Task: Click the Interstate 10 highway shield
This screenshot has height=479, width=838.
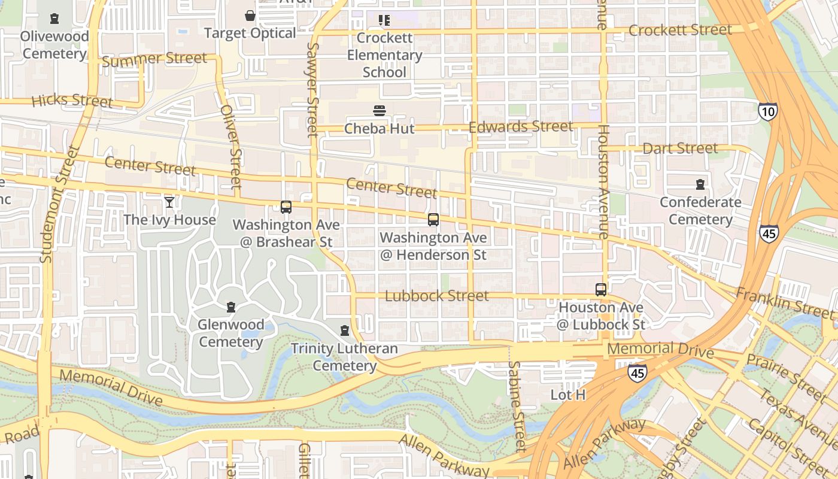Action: tap(768, 111)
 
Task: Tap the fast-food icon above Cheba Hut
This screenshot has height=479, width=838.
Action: tap(379, 111)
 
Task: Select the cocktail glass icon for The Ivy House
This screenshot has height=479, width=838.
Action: tap(169, 202)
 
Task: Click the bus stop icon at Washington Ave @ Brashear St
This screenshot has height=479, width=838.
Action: tap(286, 207)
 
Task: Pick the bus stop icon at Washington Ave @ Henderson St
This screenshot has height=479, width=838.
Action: tap(433, 220)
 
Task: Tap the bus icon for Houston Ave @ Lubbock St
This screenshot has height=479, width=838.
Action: tap(600, 290)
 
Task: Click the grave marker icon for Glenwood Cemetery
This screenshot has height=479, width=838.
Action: tap(231, 307)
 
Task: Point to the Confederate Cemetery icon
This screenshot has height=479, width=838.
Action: tap(700, 184)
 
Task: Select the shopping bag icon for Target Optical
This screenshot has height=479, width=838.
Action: tap(250, 16)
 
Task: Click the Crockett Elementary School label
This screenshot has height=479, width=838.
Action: tap(384, 55)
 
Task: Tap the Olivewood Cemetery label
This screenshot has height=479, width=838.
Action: tap(54, 45)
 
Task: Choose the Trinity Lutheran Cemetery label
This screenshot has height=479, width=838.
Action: tap(344, 357)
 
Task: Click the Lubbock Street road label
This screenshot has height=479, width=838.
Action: tap(436, 296)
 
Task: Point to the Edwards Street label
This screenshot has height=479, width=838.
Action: tap(521, 127)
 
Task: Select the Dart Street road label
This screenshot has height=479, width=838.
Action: tap(679, 148)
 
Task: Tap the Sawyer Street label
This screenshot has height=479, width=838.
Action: tap(312, 90)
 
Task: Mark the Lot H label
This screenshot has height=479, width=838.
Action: tap(567, 395)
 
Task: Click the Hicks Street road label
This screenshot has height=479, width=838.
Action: tap(72, 100)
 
